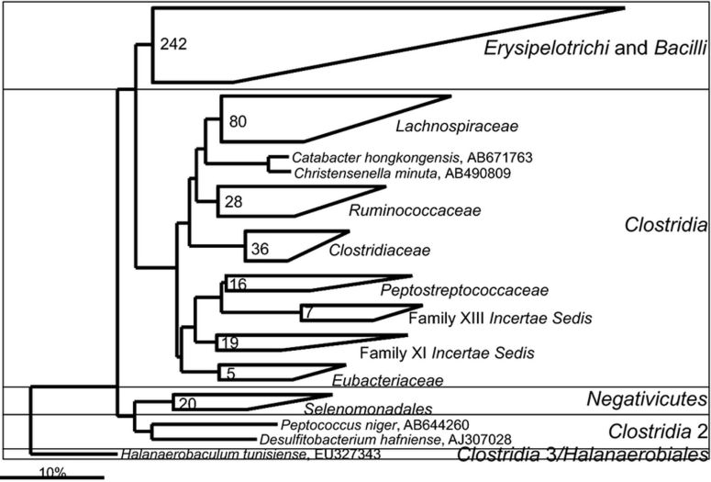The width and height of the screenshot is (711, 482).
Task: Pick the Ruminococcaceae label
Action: coord(403,210)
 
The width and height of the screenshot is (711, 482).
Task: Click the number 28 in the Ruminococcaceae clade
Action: coord(232,201)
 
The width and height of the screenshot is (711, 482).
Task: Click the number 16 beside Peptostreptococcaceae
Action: coord(237,285)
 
